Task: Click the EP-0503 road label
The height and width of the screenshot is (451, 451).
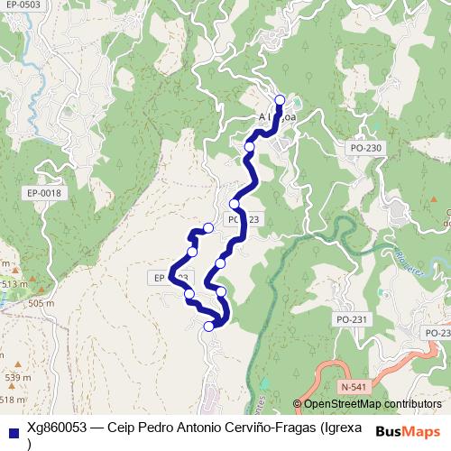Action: (x=22, y=5)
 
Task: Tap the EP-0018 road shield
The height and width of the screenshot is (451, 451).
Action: (x=43, y=192)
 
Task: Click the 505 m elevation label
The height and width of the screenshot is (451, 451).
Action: (x=41, y=303)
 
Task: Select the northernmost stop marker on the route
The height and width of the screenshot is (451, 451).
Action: (x=280, y=100)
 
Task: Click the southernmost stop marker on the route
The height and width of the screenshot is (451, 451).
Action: (x=210, y=327)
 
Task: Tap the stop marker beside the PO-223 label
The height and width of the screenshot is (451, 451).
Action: (x=235, y=203)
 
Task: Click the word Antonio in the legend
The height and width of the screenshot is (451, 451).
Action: (x=199, y=428)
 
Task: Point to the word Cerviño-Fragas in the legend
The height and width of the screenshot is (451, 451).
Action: (x=270, y=428)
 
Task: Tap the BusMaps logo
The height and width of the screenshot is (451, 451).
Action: (x=409, y=430)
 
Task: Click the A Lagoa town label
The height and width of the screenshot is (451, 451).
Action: (x=277, y=116)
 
